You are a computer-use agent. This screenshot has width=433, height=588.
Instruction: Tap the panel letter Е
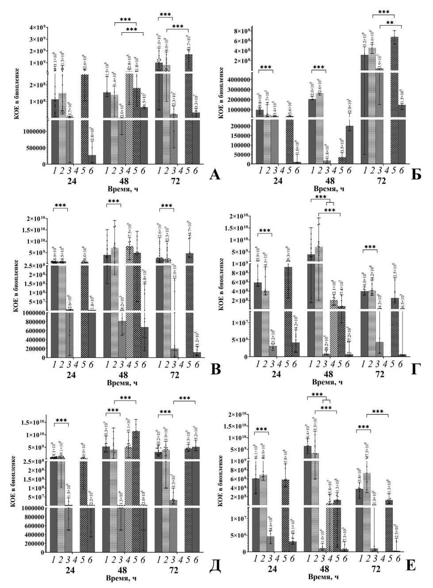410,565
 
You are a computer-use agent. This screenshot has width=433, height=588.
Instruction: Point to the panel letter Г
416,369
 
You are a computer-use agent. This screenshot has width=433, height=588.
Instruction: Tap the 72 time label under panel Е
376,569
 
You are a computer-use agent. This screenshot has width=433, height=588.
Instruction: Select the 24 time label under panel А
72,181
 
